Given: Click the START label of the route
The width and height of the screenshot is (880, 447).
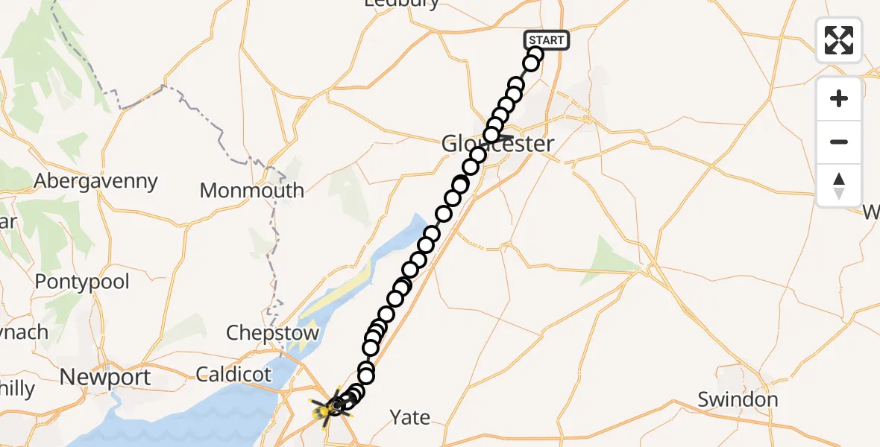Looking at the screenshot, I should coord(547,39).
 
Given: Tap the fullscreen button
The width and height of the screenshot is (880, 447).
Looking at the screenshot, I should coord(839,40).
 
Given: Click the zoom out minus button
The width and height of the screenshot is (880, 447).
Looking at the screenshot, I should coord(839,142).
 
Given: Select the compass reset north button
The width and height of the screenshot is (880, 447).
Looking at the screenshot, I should coord(839,186).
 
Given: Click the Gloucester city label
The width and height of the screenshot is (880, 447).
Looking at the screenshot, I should coord(499,144).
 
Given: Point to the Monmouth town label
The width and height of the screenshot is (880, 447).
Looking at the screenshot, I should coord(252,190).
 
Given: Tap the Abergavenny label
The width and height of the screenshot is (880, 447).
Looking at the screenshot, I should coord(96,181).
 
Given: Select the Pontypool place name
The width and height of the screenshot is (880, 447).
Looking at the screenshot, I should coord(82,282).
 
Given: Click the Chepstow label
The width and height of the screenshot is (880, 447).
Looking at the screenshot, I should coord(272,333).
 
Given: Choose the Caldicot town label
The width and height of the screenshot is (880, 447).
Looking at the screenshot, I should coord(234,374).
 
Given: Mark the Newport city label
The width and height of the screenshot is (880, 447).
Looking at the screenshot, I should coord(105,377).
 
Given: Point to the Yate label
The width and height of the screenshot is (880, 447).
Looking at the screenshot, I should coord(410,417).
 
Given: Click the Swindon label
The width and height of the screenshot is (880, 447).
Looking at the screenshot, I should coord(738,399).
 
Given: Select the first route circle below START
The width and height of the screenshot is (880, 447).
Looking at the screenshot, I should coord(535,54).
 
